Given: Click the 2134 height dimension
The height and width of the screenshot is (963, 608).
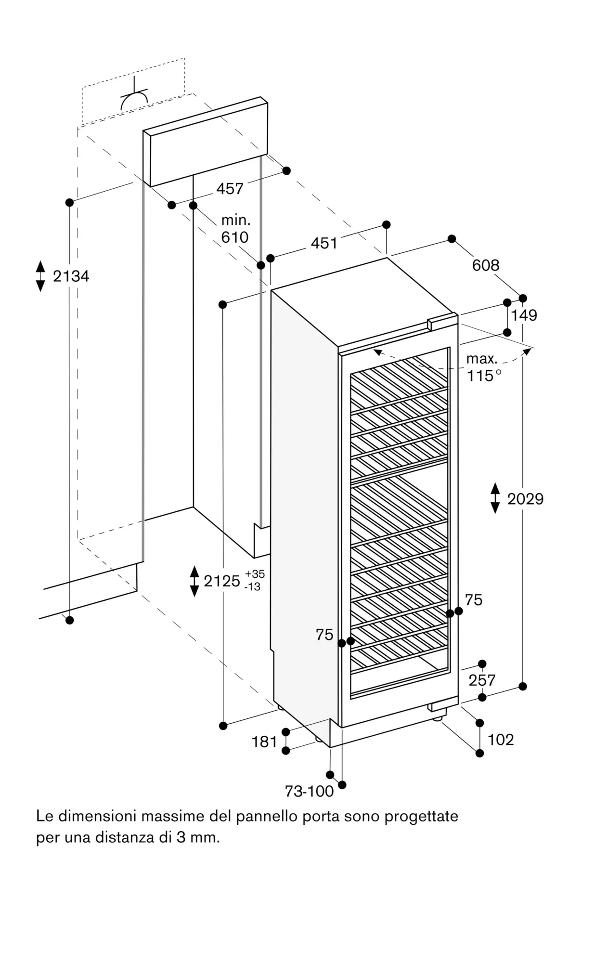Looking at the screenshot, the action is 71,276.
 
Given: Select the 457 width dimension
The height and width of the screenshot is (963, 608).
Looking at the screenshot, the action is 230,189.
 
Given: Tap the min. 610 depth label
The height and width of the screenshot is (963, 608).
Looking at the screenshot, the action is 235,229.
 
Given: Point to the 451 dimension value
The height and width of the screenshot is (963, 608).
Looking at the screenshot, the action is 324,243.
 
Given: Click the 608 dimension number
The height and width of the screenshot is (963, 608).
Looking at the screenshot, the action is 486,265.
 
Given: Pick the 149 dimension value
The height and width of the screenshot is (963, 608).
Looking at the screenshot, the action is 524,315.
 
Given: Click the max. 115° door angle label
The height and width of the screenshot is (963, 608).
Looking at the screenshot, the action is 484,367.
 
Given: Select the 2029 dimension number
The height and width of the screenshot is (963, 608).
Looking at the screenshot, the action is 525,499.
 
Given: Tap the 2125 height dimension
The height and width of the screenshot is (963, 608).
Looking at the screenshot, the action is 222,581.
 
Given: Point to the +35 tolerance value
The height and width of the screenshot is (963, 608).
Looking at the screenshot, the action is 255,574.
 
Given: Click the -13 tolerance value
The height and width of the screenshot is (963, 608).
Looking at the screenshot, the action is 253,587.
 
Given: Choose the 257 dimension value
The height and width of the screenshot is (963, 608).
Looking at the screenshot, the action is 482,680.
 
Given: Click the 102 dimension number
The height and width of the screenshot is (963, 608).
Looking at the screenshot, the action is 501,740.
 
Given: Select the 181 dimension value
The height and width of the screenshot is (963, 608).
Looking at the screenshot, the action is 264,742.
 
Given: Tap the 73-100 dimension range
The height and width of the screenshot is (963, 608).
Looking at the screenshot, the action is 309,791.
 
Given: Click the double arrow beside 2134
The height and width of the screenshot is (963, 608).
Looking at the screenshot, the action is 40,276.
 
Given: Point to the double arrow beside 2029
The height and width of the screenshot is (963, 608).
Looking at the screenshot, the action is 495,498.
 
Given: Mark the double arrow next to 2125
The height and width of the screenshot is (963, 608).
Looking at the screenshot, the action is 194,581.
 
